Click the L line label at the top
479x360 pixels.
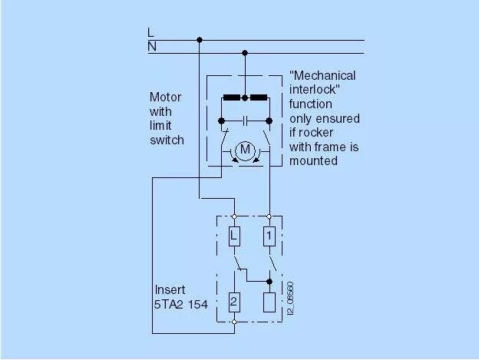click(x=150, y=33)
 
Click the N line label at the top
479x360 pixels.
click(x=151, y=47)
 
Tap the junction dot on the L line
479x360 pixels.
click(x=200, y=39)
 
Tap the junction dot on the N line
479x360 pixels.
click(x=245, y=53)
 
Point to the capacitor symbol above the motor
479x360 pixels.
click(x=245, y=121)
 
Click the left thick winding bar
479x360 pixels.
click(x=231, y=98)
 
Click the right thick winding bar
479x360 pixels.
click(x=259, y=98)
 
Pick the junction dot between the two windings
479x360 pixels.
click(x=245, y=98)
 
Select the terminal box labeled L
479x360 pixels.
click(x=235, y=236)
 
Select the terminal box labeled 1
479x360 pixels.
click(x=269, y=236)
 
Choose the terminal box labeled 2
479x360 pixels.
click(x=235, y=299)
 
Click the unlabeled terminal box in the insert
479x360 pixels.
click(x=269, y=299)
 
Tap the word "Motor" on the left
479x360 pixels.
click(x=165, y=97)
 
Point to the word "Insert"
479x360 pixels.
click(x=170, y=290)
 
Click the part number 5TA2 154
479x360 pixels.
click(x=181, y=304)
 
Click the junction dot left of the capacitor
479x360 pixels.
click(x=221, y=121)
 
